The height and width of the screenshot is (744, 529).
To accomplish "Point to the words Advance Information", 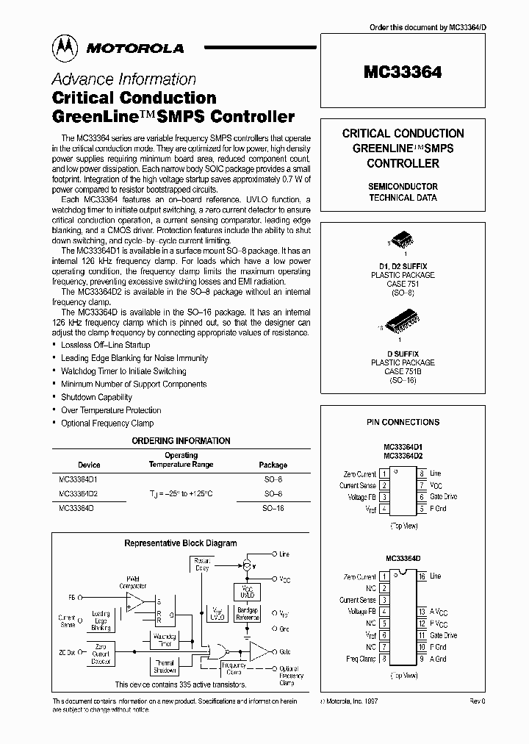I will [x=123, y=79].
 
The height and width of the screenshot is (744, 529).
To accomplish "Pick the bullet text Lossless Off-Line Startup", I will [x=106, y=345].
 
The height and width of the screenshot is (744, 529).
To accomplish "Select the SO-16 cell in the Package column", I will [x=273, y=508].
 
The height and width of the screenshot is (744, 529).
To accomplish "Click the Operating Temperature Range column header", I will [x=181, y=460].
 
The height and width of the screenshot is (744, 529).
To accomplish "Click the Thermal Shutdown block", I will [x=166, y=666].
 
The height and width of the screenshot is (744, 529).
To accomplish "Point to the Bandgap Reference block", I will [x=248, y=615].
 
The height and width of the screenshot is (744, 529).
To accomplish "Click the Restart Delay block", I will [x=201, y=565].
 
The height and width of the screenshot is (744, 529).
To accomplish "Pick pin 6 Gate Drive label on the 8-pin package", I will [x=443, y=497].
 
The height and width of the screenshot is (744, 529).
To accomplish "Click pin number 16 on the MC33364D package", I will [x=422, y=576].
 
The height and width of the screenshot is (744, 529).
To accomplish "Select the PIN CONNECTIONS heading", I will [x=403, y=422].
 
